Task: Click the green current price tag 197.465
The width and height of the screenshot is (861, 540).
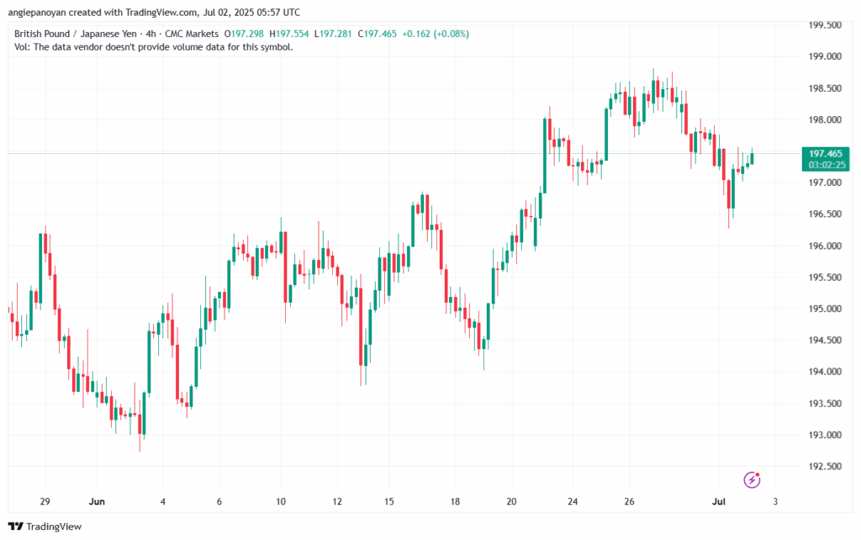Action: point(826,154)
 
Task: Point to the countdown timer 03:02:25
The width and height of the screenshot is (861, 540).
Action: point(826,166)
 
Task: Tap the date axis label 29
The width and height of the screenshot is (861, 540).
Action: point(45,502)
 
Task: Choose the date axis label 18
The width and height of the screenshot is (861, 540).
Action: point(455,502)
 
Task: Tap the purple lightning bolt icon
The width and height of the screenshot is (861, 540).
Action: point(753,479)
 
